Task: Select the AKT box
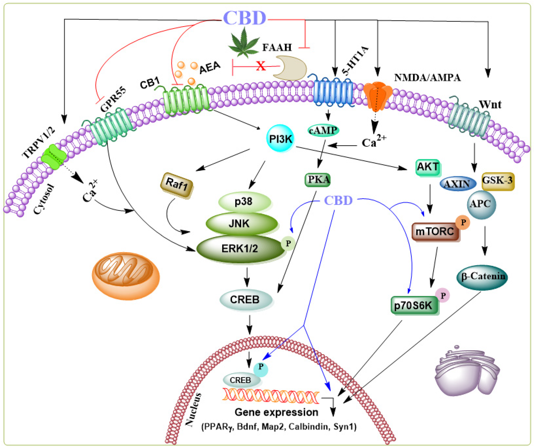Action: [x=428, y=167]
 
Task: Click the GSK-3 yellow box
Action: [x=498, y=181]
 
